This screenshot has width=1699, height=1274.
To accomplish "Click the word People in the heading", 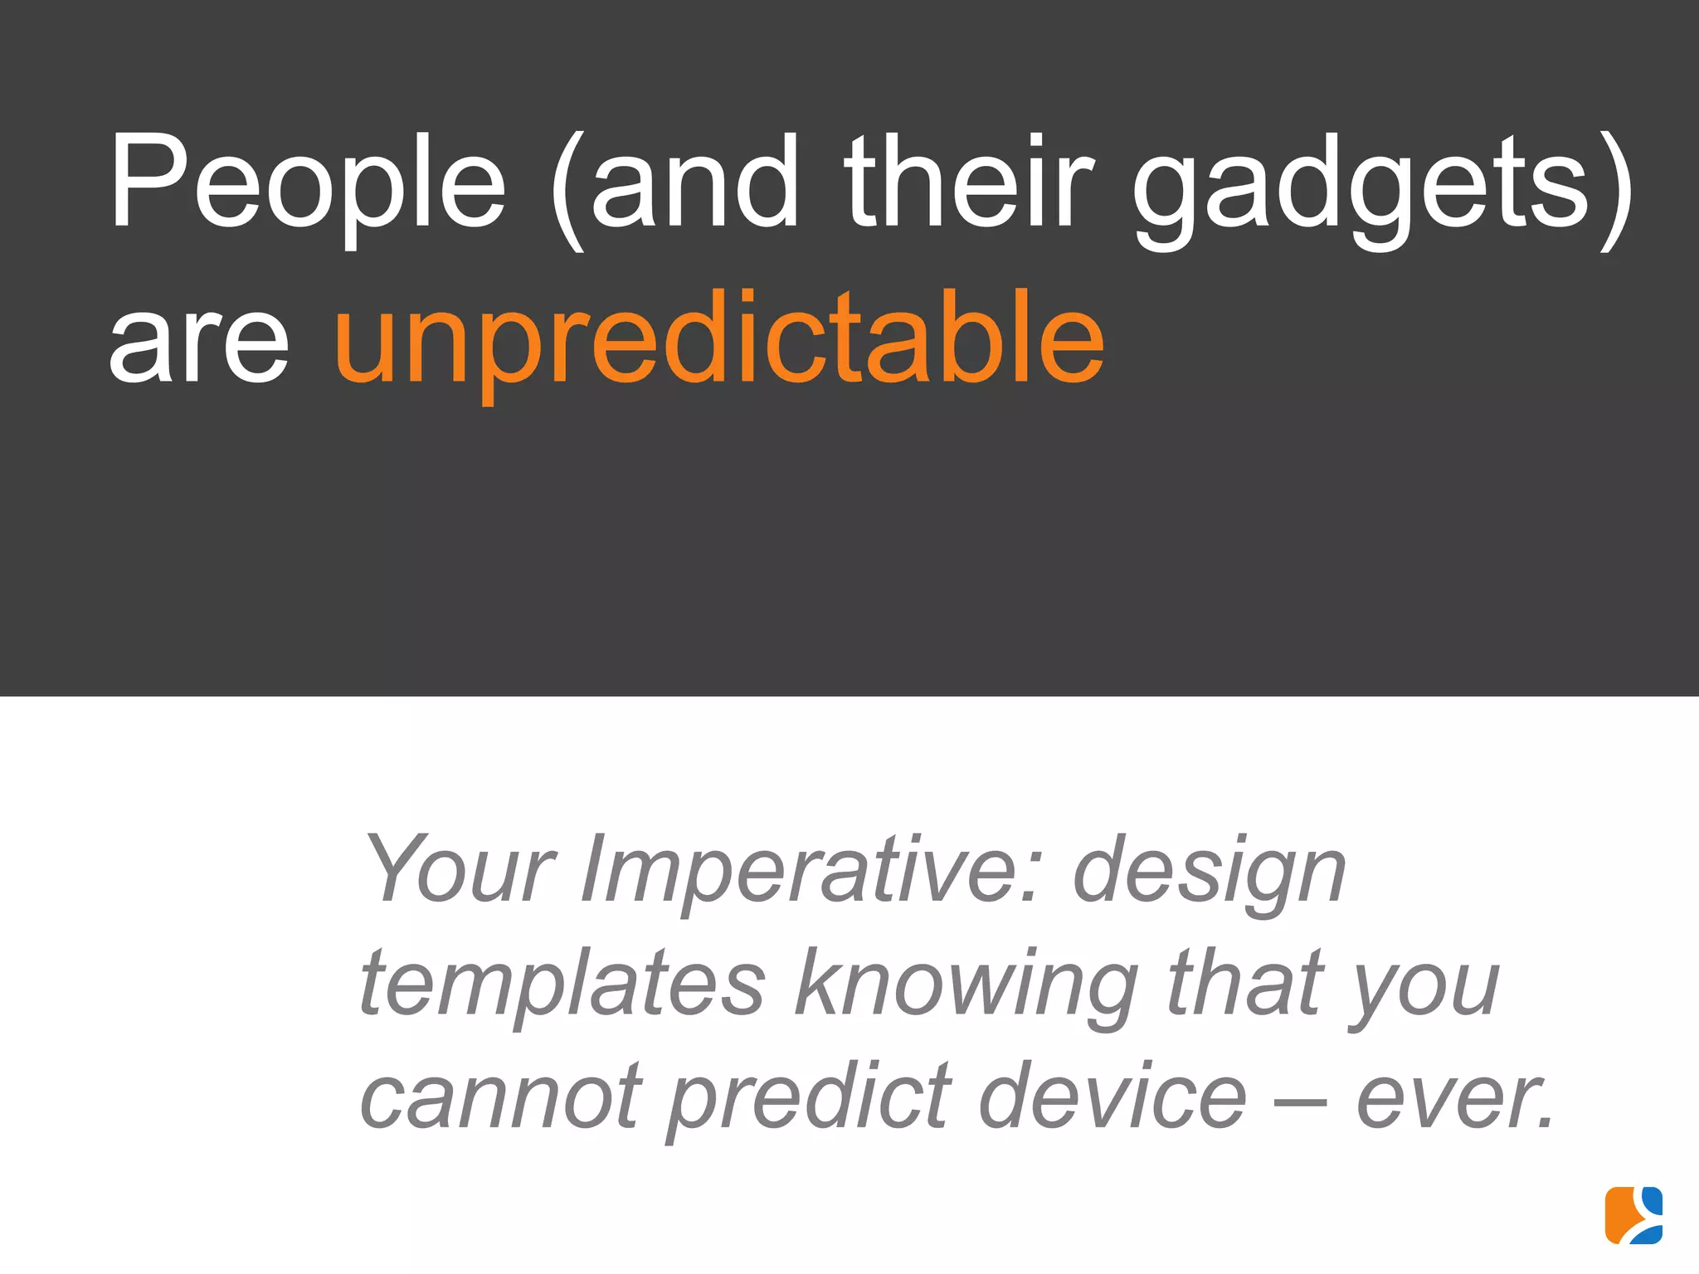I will coord(307,182).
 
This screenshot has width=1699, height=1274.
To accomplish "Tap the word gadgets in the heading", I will coord(1361,187).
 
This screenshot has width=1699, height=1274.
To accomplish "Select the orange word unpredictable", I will coord(719,340).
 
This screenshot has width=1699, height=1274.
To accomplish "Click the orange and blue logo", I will coord(1633,1215).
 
